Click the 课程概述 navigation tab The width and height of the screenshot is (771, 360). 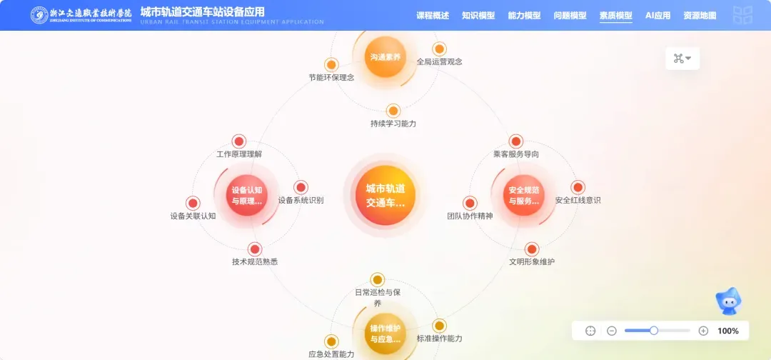[433, 15]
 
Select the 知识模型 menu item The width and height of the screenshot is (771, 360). [478, 15]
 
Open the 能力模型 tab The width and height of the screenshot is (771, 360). [524, 15]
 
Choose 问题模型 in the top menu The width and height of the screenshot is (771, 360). [570, 15]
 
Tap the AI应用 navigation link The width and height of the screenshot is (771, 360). [657, 15]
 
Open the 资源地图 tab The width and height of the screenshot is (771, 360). [700, 15]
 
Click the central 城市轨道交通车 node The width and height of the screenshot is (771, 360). [385, 195]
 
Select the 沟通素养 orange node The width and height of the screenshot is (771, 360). [385, 56]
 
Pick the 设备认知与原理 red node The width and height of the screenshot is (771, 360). [247, 195]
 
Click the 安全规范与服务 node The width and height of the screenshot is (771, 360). [524, 195]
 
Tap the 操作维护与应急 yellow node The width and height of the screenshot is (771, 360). [385, 333]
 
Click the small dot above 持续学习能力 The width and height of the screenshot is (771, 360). [393, 111]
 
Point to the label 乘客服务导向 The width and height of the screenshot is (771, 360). [516, 154]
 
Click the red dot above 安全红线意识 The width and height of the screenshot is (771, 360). [578, 187]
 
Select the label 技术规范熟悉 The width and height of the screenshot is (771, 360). [255, 262]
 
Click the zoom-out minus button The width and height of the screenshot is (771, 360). [612, 331]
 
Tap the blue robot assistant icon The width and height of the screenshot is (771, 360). [729, 303]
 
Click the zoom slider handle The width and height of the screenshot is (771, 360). [653, 331]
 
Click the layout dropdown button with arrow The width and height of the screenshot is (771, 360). [682, 59]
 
